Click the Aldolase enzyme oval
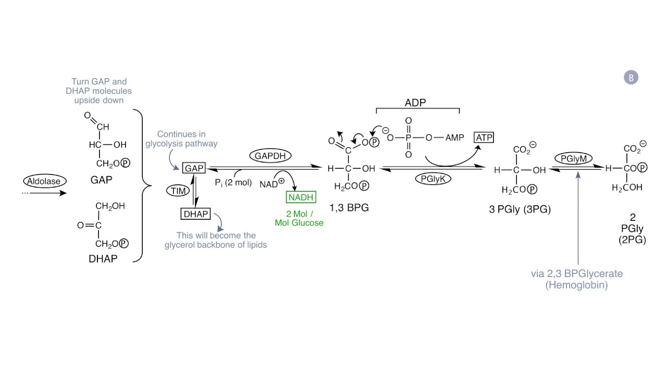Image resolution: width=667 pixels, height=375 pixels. pos(44,181)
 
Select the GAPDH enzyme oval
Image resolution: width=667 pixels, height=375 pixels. pos(270,155)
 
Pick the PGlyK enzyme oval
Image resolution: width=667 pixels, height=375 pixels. pos(433,179)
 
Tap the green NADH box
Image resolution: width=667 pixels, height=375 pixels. pos(301,197)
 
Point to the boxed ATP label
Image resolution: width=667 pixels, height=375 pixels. pos(483,137)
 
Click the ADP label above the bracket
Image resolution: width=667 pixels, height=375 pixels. pos(415,103)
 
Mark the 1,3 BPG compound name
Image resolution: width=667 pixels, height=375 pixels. pos(349,208)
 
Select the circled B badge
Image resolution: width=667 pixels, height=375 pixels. pos(631,78)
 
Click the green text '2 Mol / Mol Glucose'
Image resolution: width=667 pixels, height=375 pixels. pos(299,218)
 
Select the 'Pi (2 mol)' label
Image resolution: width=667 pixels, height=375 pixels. pos(233,182)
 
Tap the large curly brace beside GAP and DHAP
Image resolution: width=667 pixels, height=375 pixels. pos(143,185)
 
